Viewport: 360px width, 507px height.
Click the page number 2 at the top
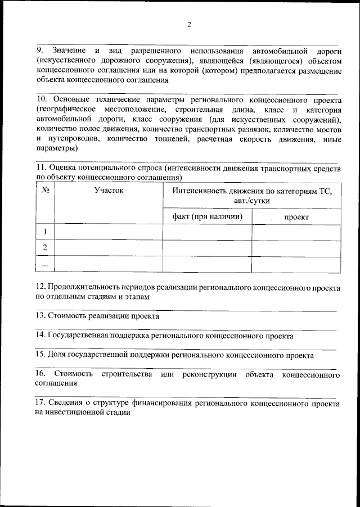[189, 24]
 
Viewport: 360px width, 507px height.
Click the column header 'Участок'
[109, 191]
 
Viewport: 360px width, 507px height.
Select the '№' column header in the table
[45, 191]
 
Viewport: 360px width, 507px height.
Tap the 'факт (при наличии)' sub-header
[207, 216]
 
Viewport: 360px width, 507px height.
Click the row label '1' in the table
[45, 232]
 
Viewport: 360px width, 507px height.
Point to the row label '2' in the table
[45, 247]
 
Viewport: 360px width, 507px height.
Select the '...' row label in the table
[45, 263]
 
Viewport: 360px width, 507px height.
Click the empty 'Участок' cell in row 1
[109, 232]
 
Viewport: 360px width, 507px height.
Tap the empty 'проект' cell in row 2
[296, 247]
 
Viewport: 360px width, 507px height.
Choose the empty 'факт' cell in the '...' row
[207, 263]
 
